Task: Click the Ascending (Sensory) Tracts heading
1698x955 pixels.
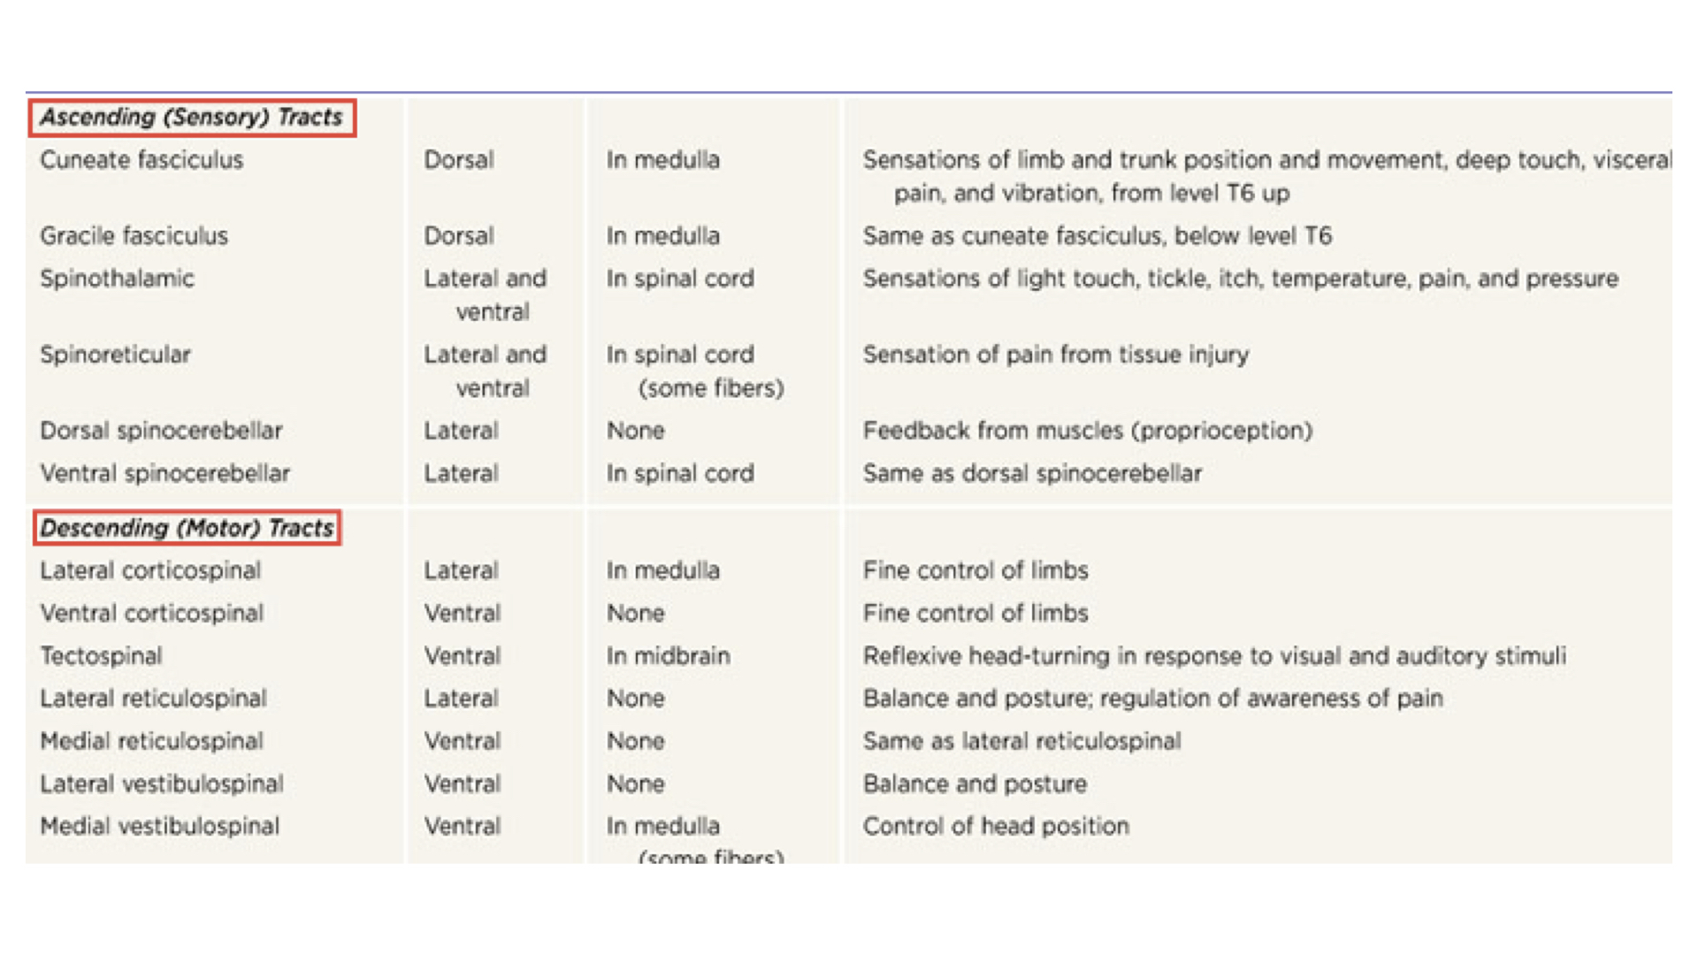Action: coord(192,118)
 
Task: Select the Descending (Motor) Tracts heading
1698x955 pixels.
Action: coord(187,528)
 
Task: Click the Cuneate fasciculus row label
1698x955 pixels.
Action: coord(141,160)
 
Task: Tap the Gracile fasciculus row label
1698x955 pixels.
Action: coord(134,236)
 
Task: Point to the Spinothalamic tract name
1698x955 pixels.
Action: coord(117,279)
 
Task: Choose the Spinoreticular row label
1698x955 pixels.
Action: coord(115,355)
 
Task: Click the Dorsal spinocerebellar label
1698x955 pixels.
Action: coord(161,431)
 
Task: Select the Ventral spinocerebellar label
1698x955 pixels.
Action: coord(164,473)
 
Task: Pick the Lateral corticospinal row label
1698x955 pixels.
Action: coord(150,570)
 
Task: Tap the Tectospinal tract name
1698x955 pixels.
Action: coord(101,656)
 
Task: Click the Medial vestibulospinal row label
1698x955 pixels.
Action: coord(159,826)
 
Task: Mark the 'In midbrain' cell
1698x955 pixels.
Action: coord(668,656)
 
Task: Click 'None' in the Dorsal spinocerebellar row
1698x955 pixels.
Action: coord(635,431)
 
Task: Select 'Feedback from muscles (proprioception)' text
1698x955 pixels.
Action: coord(1087,431)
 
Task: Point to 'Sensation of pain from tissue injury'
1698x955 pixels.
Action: coord(1055,355)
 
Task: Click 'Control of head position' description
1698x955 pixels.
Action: coord(996,826)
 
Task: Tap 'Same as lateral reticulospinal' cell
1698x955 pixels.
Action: coord(1021,741)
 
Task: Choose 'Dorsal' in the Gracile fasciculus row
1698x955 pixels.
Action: coord(458,236)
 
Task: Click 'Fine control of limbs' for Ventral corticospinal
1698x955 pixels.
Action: coord(975,613)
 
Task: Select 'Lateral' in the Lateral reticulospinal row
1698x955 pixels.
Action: coord(461,699)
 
